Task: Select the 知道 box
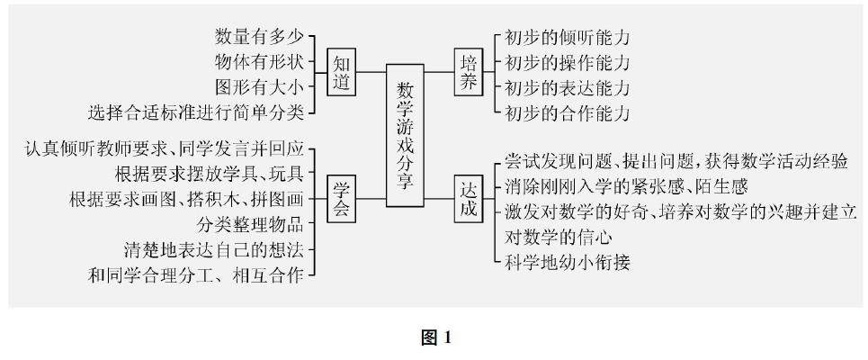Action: coord(341,74)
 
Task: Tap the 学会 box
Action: coord(341,198)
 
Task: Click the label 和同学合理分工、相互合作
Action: coord(196,272)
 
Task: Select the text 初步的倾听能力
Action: coord(566,39)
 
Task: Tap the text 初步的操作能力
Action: coord(566,64)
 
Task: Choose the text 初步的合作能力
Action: coord(566,113)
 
